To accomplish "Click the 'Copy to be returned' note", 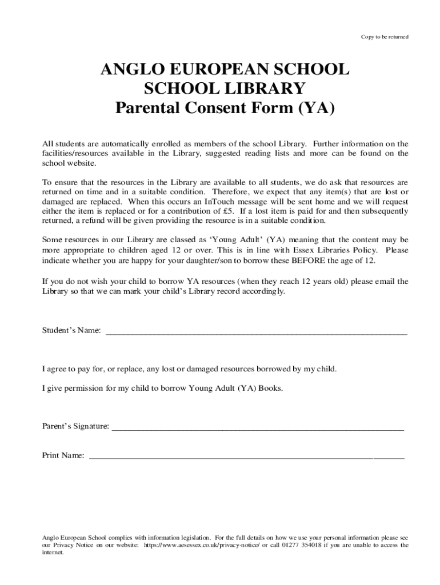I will coord(384,37).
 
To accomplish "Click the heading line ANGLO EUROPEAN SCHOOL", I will coord(224,70).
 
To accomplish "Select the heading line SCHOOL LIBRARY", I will coord(224,89).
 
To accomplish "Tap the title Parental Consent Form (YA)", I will coord(224,107).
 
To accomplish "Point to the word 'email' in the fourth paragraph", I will coord(373,281).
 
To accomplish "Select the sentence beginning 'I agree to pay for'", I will coord(190,369).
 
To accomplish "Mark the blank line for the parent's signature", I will coord(258,428).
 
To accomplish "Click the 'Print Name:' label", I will coord(63,455).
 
